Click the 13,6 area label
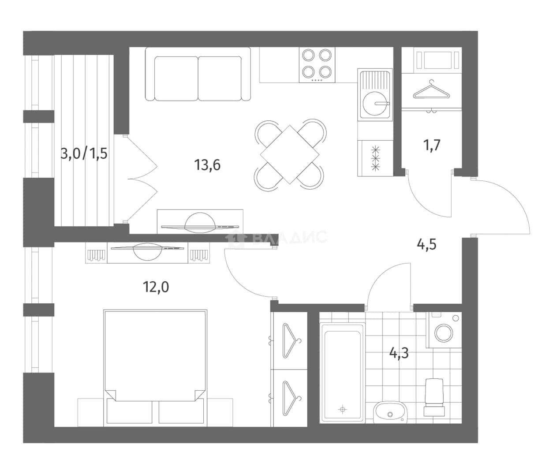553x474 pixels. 207,165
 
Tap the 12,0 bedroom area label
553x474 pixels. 156,287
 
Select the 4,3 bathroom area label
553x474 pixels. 399,353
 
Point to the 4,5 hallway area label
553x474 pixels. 427,244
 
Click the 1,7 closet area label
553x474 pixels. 432,146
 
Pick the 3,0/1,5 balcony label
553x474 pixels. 84,153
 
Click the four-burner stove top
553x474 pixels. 317,65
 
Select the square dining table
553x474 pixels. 290,155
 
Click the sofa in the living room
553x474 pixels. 198,74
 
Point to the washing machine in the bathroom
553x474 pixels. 444,330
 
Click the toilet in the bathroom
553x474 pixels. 434,397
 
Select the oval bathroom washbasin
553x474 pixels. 391,412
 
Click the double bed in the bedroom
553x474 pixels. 155,367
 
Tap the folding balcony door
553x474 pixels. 142,179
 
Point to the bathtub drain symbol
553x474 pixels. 342,409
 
